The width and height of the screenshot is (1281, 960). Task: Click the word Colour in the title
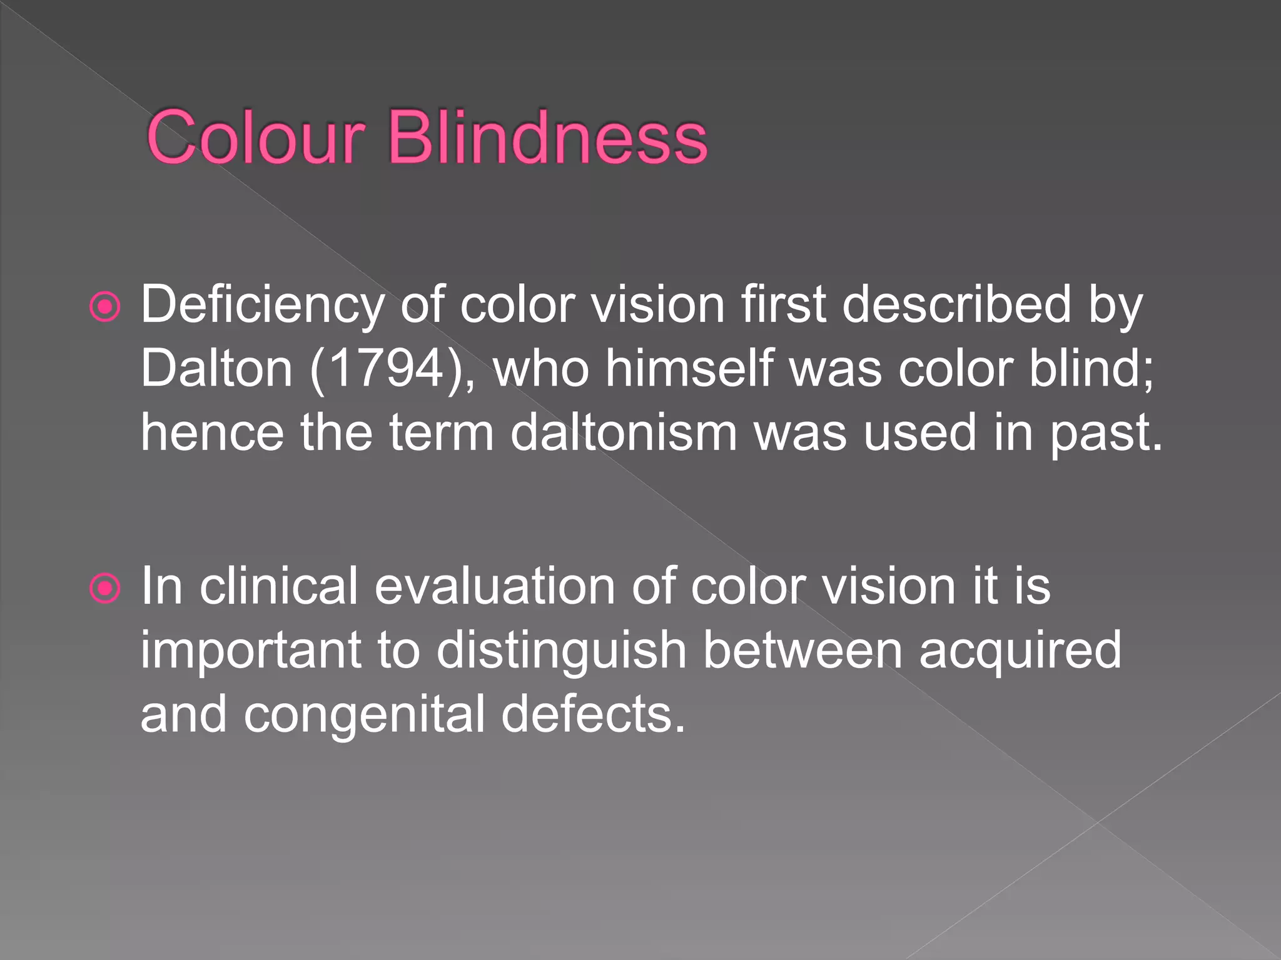coord(255,137)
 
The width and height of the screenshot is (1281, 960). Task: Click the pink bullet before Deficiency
coord(104,307)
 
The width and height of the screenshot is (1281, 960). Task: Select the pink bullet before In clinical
coord(104,588)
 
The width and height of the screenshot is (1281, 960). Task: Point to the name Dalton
coord(216,369)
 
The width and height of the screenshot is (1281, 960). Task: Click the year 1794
coord(385,369)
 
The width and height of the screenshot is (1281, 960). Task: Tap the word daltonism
coord(624,432)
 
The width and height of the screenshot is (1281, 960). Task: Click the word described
coord(957,305)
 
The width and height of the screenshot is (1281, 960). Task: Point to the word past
coord(1106,434)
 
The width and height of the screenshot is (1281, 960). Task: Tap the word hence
coord(212,432)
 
